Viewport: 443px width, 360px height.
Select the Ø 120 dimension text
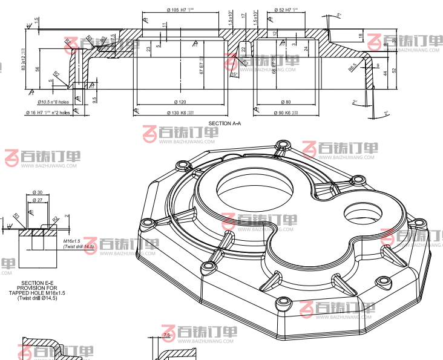click(x=181, y=102)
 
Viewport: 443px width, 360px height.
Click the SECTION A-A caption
click(x=224, y=123)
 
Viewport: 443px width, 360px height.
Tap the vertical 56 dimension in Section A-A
click(x=38, y=69)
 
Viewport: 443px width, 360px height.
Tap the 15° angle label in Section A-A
click(x=234, y=74)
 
